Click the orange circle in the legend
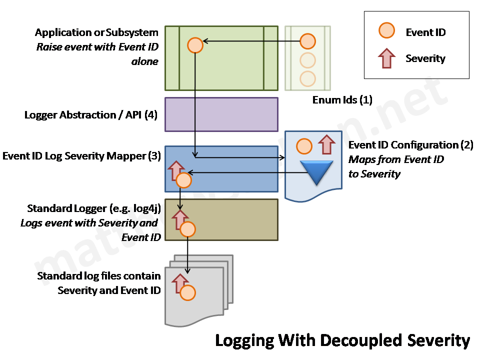click(x=387, y=31)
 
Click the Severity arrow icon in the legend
click(x=387, y=58)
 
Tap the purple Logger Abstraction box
click(x=221, y=114)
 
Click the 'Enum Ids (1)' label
click(x=342, y=100)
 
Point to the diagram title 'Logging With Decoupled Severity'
click(x=342, y=340)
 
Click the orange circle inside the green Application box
click(x=194, y=45)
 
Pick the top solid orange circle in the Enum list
click(x=307, y=41)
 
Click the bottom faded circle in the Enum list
click(x=307, y=78)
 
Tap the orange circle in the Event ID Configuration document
click(x=304, y=146)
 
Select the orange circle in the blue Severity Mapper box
click(x=183, y=180)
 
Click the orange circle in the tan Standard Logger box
click(x=187, y=229)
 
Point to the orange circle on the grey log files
click(x=187, y=293)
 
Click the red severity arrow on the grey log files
click(x=179, y=283)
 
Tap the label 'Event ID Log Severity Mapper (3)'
click(x=81, y=156)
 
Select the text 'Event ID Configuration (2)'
click(x=410, y=145)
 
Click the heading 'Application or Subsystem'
click(x=96, y=32)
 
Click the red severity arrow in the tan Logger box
click(x=179, y=219)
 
